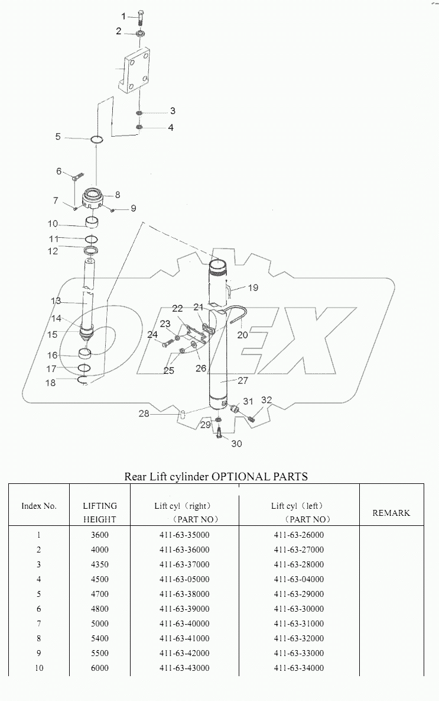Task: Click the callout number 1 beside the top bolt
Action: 123,15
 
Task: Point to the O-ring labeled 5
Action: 97,140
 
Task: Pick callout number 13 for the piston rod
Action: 56,301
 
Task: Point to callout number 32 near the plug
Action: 267,400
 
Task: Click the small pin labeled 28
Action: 183,414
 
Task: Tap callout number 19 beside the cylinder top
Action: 252,288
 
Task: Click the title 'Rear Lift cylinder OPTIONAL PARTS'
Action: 216,476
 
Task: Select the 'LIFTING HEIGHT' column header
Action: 99,512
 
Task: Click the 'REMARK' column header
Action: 391,513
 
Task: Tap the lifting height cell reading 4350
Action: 99,565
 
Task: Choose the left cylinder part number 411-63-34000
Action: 298,668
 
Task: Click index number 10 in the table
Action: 38,668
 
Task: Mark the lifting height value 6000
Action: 99,668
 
